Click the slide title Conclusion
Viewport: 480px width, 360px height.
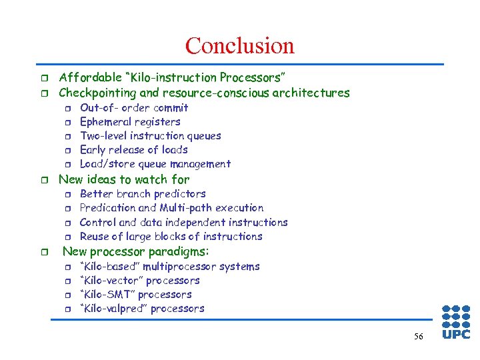tap(239, 45)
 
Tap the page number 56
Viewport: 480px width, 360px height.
tap(418, 337)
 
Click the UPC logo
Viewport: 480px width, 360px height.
tap(456, 323)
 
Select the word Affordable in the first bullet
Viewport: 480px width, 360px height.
tap(89, 78)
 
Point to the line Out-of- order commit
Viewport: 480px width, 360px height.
tap(134, 107)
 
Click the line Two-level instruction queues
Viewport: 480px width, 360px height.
tap(150, 135)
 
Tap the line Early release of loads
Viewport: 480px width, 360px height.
tap(133, 149)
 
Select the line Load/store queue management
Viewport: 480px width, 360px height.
tap(155, 163)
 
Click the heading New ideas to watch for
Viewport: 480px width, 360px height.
tap(124, 179)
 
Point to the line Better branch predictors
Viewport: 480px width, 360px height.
tap(143, 193)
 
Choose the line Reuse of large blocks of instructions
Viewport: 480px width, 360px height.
tap(171, 236)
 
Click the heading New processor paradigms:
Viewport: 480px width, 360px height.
tap(135, 251)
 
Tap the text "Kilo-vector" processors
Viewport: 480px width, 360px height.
tap(139, 280)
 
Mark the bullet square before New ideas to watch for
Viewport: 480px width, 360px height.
tap(43, 179)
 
